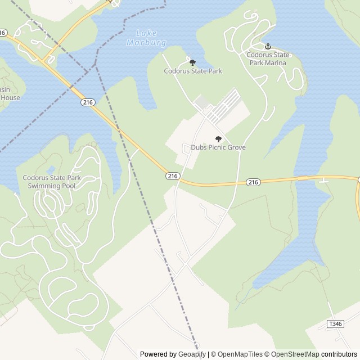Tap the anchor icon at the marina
pyautogui.click(x=268, y=46)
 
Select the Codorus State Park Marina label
pyautogui.click(x=267, y=58)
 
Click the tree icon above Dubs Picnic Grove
pyautogui.click(x=218, y=139)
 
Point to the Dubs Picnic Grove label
pyautogui.click(x=218, y=147)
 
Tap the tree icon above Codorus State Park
pyautogui.click(x=192, y=62)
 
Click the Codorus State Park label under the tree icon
pyautogui.click(x=193, y=71)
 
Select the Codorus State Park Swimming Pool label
pyautogui.click(x=52, y=181)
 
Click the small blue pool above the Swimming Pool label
pyautogui.click(x=51, y=169)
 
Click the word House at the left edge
pyautogui.click(x=10, y=97)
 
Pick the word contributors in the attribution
pyautogui.click(x=339, y=354)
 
